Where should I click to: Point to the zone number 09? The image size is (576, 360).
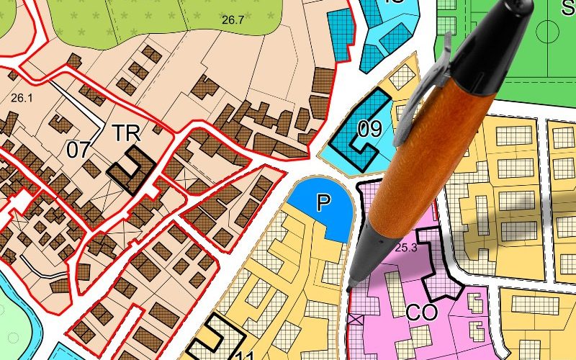pyautogui.click(x=369, y=130)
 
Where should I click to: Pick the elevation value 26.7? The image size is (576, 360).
pyautogui.click(x=233, y=20)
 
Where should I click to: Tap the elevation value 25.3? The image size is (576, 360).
pyautogui.click(x=406, y=248)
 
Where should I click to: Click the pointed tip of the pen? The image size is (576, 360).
pyautogui.click(x=348, y=289)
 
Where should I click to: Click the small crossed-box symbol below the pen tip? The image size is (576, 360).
pyautogui.click(x=353, y=318)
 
